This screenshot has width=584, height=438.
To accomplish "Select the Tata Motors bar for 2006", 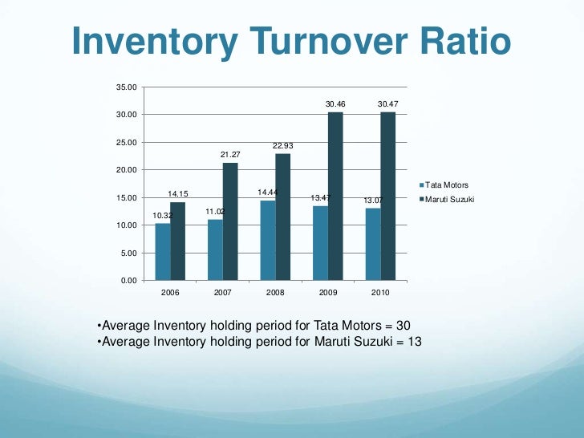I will pyautogui.click(x=163, y=252).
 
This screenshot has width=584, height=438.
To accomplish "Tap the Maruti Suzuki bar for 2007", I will pyautogui.click(x=230, y=221).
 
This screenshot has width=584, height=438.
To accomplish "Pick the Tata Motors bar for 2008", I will pyautogui.click(x=268, y=241).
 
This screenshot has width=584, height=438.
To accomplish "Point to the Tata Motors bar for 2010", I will pyautogui.click(x=373, y=245).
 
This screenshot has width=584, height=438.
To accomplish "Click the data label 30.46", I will pyautogui.click(x=335, y=104).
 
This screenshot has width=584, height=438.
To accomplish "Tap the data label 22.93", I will pyautogui.click(x=282, y=146).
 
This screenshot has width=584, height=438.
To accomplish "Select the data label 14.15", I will pyautogui.click(x=177, y=194).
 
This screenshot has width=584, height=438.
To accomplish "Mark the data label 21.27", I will pyautogui.click(x=230, y=155).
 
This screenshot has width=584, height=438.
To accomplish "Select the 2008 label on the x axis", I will pyautogui.click(x=275, y=294).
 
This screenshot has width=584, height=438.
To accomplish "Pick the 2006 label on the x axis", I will pyautogui.click(x=170, y=294).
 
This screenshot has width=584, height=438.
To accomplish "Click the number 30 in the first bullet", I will pyautogui.click(x=402, y=325).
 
